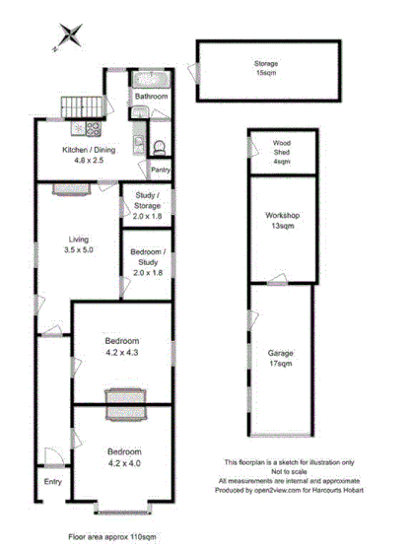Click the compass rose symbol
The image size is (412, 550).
pyautogui.click(x=70, y=35)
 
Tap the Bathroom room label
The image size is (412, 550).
pyautogui.click(x=152, y=98)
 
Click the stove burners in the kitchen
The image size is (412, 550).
pyautogui.click(x=94, y=128)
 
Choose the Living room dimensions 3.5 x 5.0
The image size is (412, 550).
pyautogui.click(x=79, y=251)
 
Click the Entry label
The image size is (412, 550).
pyautogui.click(x=52, y=482)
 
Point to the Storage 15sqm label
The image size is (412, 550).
pyautogui.click(x=267, y=68)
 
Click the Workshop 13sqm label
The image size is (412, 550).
pyautogui.click(x=282, y=221)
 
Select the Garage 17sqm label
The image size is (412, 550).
pyautogui.click(x=282, y=357)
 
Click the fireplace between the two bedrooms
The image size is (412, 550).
pyautogui.click(x=124, y=398)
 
